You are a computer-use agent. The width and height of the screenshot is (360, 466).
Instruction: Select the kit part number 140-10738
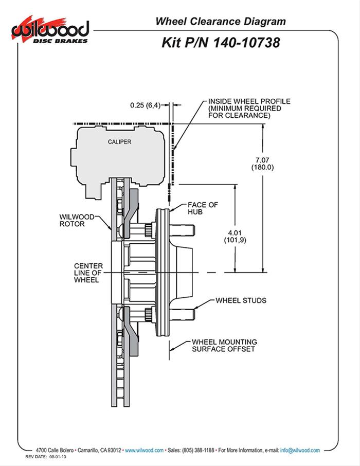(221, 43)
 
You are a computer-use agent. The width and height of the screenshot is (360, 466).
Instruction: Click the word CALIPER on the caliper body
(119, 141)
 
